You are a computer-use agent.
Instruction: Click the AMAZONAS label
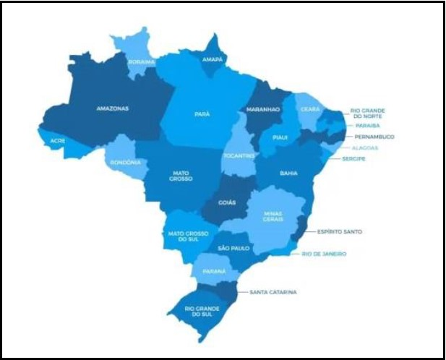(112, 108)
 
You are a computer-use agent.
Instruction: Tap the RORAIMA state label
(141, 62)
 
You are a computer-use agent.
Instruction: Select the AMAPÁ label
(210, 60)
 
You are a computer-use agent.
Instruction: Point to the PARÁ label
(202, 113)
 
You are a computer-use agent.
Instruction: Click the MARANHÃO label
(263, 109)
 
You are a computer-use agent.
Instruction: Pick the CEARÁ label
(310, 109)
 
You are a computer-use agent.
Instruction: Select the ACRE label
(58, 140)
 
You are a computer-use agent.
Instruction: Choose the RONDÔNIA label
(125, 162)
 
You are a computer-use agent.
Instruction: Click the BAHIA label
(288, 173)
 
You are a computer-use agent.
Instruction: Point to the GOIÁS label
(227, 202)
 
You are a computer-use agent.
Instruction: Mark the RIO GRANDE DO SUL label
(200, 312)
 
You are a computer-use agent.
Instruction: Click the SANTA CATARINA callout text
(273, 292)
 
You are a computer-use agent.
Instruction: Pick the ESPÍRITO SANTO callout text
(339, 231)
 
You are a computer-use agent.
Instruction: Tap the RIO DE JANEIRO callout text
(324, 254)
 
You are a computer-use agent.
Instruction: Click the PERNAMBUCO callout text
(374, 136)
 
